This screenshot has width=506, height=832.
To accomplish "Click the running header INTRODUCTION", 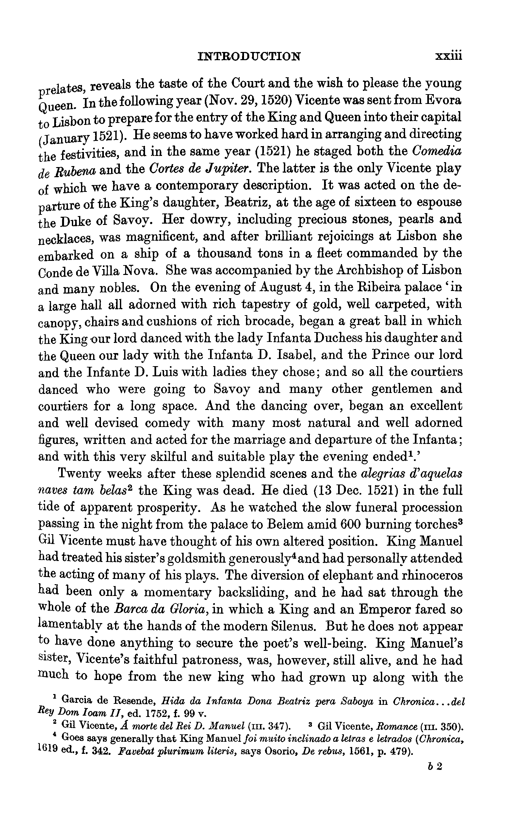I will point(249,56).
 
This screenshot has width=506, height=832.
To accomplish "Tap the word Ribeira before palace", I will point(373,287).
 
